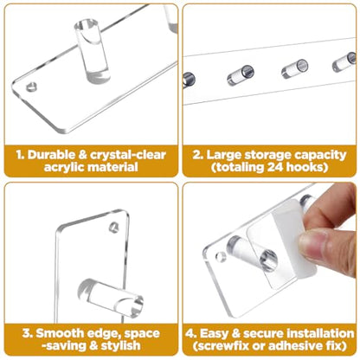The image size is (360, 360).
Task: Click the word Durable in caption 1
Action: [x=51, y=155]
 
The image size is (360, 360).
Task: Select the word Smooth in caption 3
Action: [x=57, y=333]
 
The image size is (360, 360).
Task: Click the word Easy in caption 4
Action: [x=214, y=334]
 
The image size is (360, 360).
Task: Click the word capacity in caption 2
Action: [x=320, y=156]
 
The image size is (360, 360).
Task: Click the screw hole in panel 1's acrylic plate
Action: [x=31, y=87]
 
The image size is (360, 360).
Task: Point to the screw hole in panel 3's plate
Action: [x=114, y=228]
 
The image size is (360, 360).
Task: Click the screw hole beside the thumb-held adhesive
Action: [x=222, y=257]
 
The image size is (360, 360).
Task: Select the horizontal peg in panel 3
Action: [x=111, y=298]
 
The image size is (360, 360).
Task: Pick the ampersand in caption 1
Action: [x=82, y=155]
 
